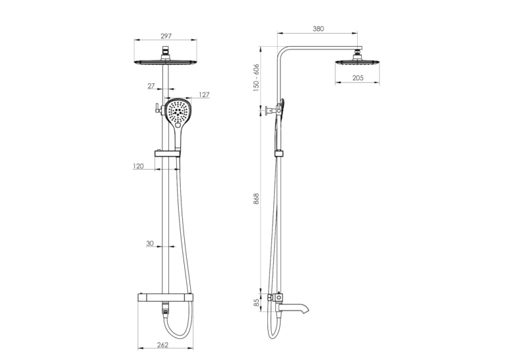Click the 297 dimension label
pos(166,36)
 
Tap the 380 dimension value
pos(318,28)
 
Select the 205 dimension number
pos(358,78)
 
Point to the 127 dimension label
pos(204,94)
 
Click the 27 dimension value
pos(151,86)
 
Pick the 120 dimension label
pos(138,166)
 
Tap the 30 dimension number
pos(150,244)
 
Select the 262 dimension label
pos(162,345)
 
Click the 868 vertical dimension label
pos(256,199)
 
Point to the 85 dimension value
pos(256,303)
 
